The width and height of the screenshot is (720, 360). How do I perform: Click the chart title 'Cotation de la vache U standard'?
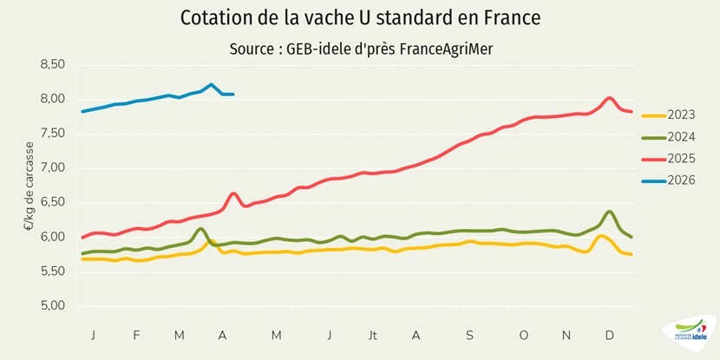pos(359,18)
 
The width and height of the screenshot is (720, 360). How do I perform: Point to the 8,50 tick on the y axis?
pos(53,64)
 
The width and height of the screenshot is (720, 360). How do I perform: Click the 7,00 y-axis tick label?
pos(53,167)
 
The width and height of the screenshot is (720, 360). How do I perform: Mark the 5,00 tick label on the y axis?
pos(53,305)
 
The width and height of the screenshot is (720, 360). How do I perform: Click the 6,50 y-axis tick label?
pos(53,202)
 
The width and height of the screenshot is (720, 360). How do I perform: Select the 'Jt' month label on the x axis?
pos(371,335)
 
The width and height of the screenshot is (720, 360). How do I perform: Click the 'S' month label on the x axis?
pos(469,335)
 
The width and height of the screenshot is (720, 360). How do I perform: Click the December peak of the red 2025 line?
pos(610,98)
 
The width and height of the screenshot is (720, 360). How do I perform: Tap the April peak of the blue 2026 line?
pos(212,85)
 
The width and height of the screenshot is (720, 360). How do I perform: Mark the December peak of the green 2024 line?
pos(610,212)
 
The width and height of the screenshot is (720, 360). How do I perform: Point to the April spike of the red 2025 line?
pos(233,193)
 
